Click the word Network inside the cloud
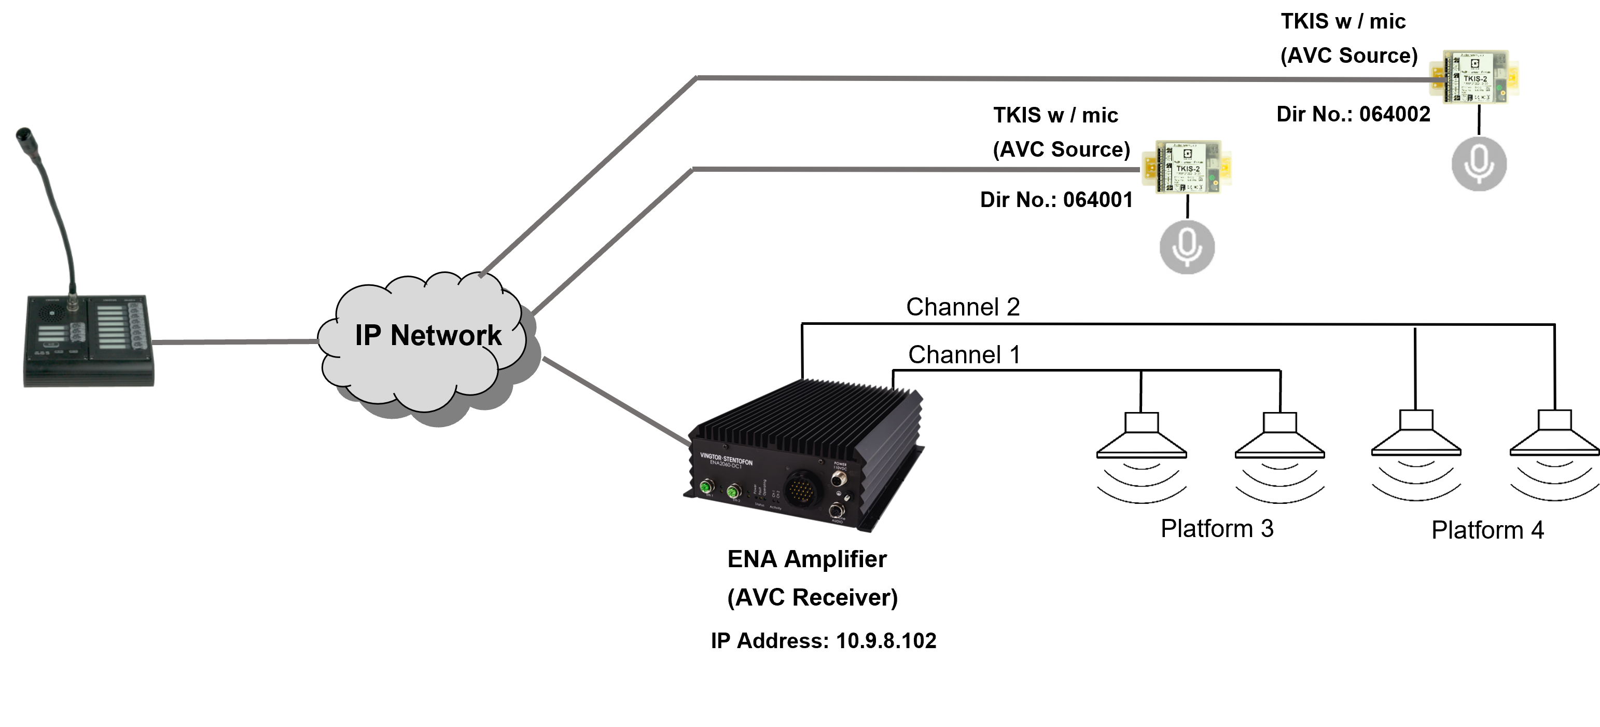446,336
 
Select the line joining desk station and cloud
236,341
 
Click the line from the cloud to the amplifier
615,401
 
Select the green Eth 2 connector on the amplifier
735,492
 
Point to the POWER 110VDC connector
839,479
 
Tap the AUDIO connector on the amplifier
837,511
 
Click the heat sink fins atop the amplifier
808,416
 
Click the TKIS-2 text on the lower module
1188,169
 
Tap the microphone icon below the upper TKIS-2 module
1479,164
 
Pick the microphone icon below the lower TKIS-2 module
1186,246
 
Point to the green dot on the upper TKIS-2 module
1501,94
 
